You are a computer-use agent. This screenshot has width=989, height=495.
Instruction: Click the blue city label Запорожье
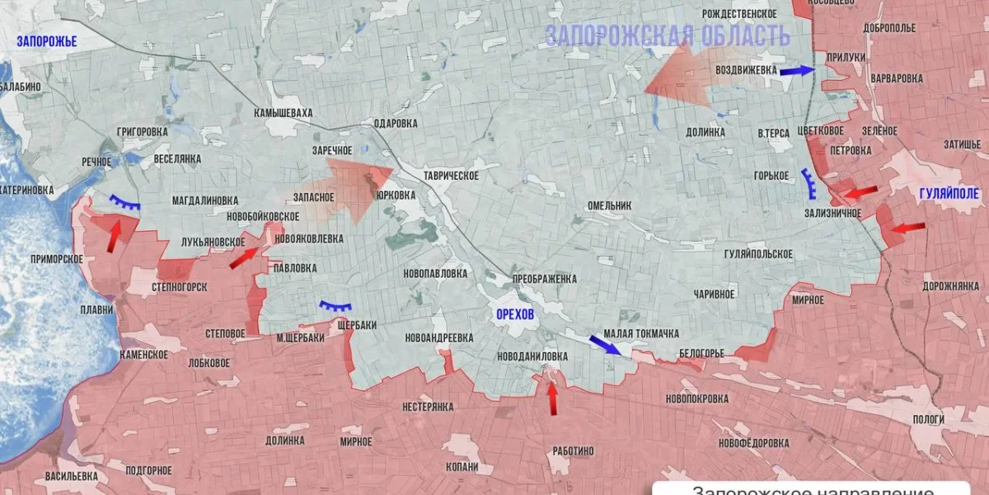pos(47,41)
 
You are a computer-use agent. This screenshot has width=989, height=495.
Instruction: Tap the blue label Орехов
pos(515,314)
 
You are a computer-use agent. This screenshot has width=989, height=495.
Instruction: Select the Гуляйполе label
pos(948,193)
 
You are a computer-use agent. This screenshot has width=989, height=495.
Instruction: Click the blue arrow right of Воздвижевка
pos(797,71)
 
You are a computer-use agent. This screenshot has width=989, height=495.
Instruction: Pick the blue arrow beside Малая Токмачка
pos(605,344)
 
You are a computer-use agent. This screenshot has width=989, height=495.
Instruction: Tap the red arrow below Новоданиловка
pos(552,399)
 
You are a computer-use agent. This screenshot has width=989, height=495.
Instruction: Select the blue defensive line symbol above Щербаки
pos(335,306)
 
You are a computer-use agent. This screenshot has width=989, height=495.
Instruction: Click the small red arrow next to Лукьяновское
pos(244,257)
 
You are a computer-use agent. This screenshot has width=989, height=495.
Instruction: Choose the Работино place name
pos(573,450)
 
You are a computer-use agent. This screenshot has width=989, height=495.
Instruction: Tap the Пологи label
pos(928,419)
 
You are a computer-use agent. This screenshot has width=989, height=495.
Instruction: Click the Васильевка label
pos(72,476)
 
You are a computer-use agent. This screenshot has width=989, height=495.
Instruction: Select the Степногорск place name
pos(179,286)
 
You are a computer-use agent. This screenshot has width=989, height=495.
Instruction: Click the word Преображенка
pos(544,279)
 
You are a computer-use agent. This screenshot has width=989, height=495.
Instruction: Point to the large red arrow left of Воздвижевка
pos(680,76)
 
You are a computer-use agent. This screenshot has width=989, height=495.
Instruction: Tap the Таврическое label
pos(451,175)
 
